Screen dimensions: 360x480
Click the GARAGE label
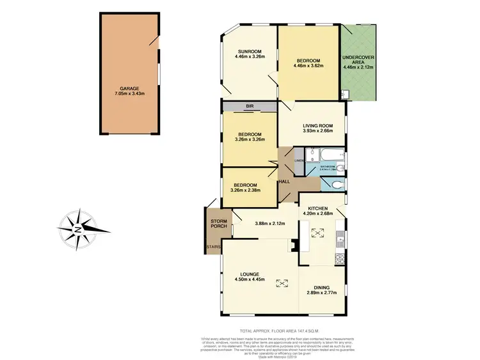pyautogui.click(x=129, y=89)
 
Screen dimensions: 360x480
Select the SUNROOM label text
pyautogui.click(x=248, y=51)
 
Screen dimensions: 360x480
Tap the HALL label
pyautogui.click(x=285, y=182)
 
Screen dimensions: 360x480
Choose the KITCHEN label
pyautogui.click(x=318, y=209)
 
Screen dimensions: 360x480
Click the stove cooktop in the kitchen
pyautogui.click(x=339, y=259)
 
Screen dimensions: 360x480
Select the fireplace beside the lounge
pyautogui.click(x=293, y=244)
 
